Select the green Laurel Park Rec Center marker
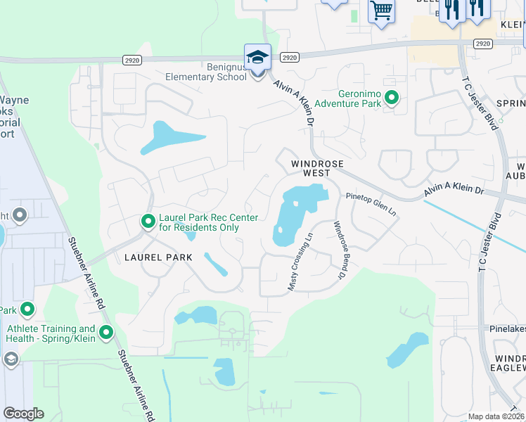148,222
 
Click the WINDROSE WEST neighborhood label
317,168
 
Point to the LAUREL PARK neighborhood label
158,257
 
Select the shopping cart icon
381,11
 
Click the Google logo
23,413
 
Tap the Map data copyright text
496,416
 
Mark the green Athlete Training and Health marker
106,333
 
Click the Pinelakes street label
507,328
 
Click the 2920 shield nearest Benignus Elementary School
288,57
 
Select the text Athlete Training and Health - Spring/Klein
51,333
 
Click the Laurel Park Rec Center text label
208,222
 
